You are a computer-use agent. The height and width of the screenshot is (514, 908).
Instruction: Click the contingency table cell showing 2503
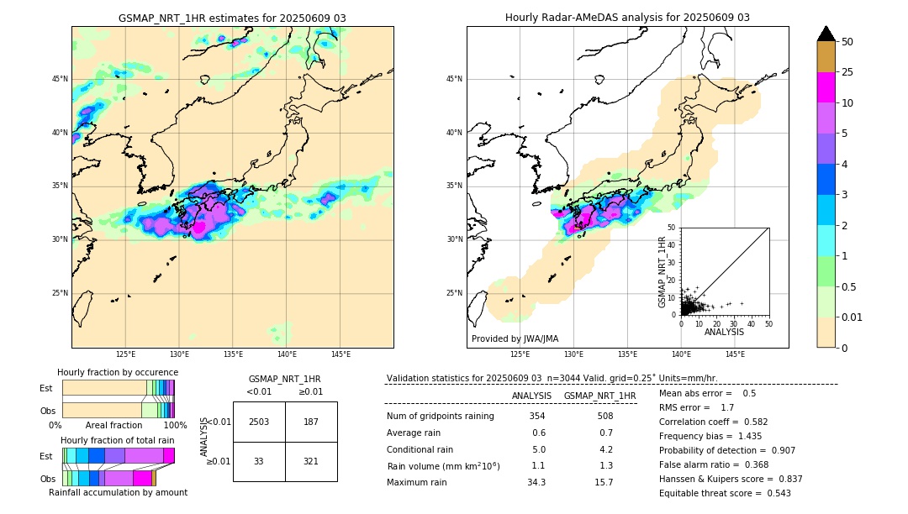pyautogui.click(x=259, y=422)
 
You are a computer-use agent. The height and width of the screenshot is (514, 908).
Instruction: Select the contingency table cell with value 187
pyautogui.click(x=311, y=422)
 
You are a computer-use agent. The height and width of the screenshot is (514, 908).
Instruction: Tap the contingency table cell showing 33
pyautogui.click(x=259, y=461)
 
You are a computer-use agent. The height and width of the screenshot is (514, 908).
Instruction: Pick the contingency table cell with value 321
pyautogui.click(x=311, y=461)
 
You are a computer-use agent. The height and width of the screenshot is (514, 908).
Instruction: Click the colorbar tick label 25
pyautogui.click(x=847, y=72)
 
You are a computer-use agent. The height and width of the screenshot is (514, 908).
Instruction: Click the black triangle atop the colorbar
pyautogui.click(x=826, y=34)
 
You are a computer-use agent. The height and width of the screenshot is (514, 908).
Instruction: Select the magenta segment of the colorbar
pyautogui.click(x=826, y=87)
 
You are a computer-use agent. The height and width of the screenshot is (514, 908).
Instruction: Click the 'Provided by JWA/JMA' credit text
pyautogui.click(x=515, y=339)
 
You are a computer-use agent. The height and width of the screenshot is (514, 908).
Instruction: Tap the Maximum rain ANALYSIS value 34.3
pyautogui.click(x=536, y=482)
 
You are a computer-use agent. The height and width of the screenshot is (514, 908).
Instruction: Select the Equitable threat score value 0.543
pyautogui.click(x=777, y=493)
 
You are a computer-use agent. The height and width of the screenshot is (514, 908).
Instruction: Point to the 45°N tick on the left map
pyautogui.click(x=60, y=79)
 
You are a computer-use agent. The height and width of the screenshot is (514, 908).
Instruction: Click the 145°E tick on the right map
pyautogui.click(x=735, y=354)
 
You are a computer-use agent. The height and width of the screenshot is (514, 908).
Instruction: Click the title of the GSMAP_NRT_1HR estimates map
pyautogui.click(x=232, y=18)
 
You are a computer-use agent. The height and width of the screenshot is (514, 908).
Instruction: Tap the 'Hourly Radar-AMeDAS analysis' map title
pyautogui.click(x=627, y=18)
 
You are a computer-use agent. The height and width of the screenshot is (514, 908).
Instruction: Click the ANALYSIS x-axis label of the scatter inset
pyautogui.click(x=724, y=332)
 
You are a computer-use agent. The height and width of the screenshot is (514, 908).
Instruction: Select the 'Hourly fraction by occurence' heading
pyautogui.click(x=118, y=372)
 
